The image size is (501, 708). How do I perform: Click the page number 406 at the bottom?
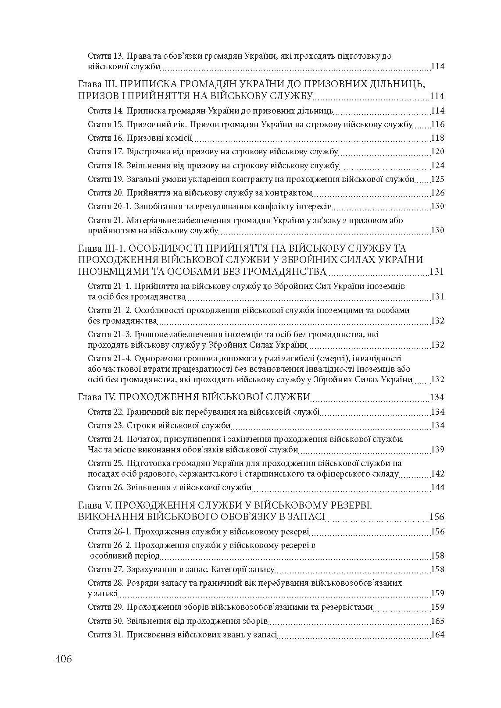[63, 659]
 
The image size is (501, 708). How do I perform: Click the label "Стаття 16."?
[106, 138]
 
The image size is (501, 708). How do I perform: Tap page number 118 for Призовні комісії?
[437, 138]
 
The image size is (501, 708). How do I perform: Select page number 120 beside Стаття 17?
[437, 152]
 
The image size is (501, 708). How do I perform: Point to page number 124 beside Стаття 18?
[437, 166]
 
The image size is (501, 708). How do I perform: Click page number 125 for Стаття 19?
[437, 179]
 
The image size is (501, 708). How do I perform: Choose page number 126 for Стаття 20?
[437, 193]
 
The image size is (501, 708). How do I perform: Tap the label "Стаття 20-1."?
[110, 206]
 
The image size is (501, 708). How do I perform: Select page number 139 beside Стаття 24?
[437, 450]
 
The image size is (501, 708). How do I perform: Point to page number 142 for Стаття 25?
[437, 474]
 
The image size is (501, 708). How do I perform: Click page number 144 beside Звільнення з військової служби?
[437, 487]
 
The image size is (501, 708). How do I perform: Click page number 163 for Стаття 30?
[437, 621]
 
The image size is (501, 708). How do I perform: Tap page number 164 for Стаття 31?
[437, 635]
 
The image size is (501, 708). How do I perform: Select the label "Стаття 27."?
[106, 569]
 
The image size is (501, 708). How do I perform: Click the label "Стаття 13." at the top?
[106, 56]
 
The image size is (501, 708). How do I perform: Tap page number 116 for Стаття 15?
[437, 125]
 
